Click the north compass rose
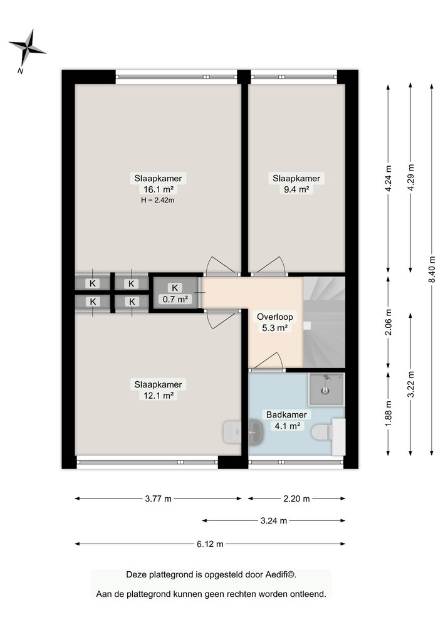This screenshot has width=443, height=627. [27, 47]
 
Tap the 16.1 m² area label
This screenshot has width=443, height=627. [158, 189]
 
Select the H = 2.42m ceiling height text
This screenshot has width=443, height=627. [158, 201]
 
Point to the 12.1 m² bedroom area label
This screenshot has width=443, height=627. [158, 396]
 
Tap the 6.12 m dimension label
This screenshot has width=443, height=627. [210, 544]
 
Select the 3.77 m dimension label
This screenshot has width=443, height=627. [158, 498]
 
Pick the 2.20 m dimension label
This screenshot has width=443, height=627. [296, 498]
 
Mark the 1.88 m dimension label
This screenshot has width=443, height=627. [389, 413]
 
